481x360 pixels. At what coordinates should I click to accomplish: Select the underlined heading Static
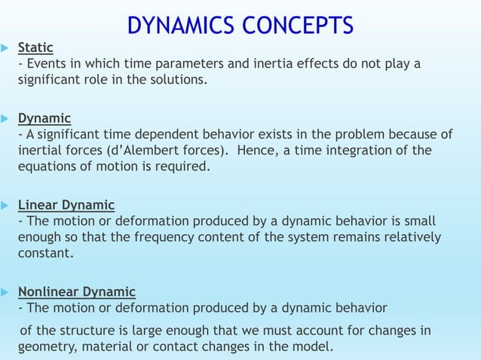point(35,48)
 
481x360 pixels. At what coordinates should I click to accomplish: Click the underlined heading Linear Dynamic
point(66,206)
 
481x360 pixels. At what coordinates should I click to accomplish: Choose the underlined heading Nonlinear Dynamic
point(77,291)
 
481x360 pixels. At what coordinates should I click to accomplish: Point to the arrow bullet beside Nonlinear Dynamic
point(5,292)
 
